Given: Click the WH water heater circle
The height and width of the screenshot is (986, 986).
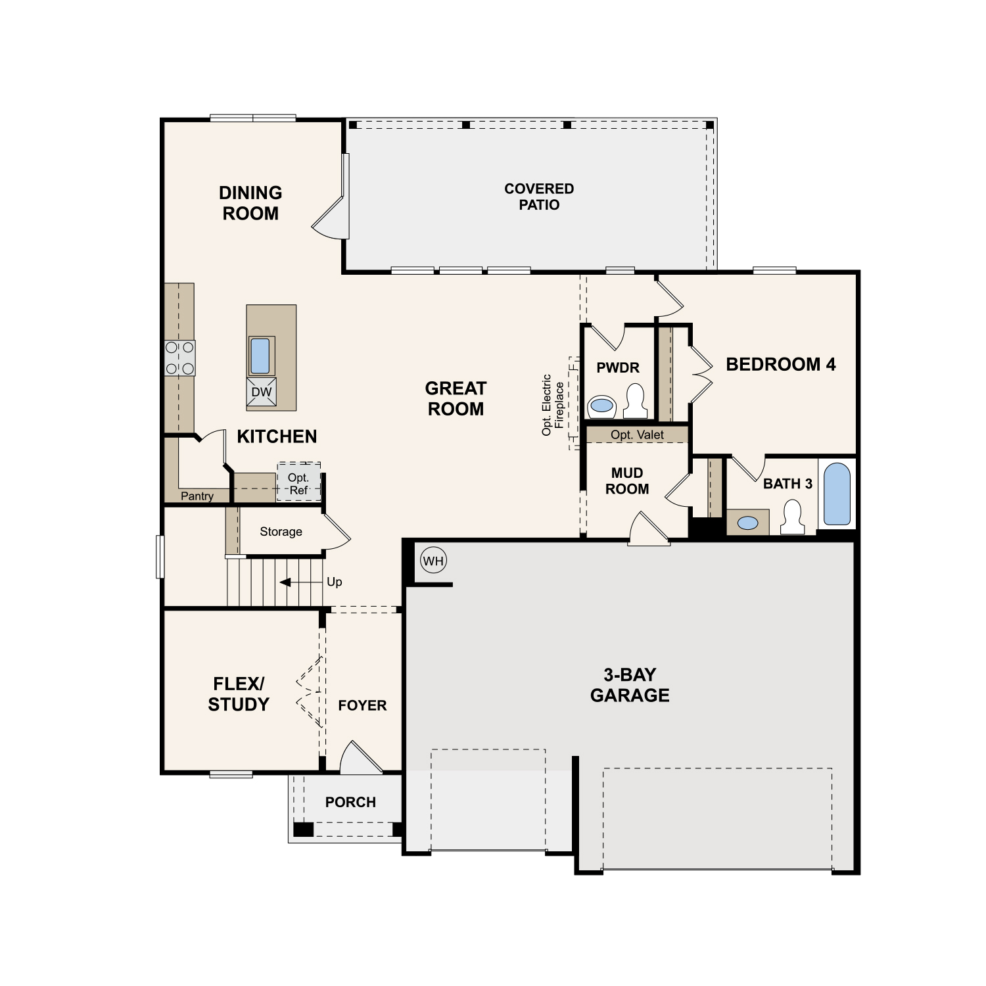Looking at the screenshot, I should coord(433,561).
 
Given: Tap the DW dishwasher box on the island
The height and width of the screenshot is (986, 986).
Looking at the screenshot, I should coord(261,392).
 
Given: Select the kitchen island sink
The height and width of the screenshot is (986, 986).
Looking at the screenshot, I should coord(260,356).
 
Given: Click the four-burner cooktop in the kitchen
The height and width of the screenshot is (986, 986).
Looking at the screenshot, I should coord(179,358).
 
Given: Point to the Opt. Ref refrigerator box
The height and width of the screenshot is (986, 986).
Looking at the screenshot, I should coord(298,483).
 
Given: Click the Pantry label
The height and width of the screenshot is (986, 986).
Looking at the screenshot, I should coord(197,496).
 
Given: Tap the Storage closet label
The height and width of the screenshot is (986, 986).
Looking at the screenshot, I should coord(281,531).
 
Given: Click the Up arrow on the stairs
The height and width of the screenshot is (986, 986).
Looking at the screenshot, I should coord(287,582).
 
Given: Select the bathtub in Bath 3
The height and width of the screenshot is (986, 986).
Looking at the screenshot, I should coord(837,494).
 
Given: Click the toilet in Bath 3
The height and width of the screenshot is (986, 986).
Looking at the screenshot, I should coord(792,517).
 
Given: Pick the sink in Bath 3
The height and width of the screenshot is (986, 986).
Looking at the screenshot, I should coord(747,523).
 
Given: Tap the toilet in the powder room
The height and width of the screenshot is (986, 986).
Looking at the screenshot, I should coord(635,402).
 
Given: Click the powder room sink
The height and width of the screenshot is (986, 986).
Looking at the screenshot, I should coord(601,406).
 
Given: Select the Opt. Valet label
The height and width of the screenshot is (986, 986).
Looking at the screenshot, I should coord(637,434).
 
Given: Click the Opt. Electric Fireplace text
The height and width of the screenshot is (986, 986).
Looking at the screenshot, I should coord(553,405).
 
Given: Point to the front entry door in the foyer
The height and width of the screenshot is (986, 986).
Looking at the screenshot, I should coord(360,759).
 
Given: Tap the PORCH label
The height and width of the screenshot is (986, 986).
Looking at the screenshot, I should coord(350,802).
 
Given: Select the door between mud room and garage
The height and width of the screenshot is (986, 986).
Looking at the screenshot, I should coord(648,530).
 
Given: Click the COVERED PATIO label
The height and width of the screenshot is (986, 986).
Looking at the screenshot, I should coord(539,197).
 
